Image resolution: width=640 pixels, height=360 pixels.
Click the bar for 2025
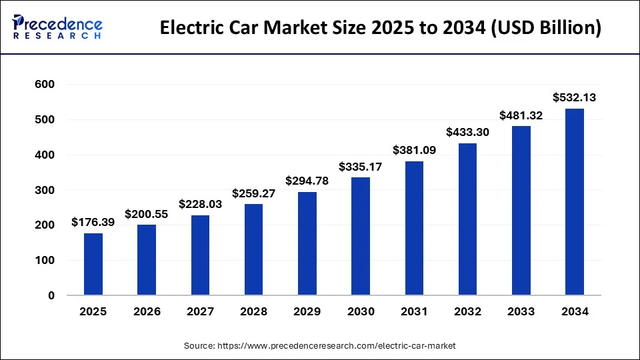coord(93,264)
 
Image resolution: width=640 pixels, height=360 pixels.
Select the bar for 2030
coord(361,236)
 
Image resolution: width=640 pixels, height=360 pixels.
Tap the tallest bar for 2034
coord(575,201)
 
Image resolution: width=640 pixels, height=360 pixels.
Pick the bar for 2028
coord(253,249)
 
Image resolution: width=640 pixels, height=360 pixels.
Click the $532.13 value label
coord(575,97)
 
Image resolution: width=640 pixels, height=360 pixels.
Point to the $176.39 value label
coord(93,222)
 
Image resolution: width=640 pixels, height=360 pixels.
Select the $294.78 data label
coord(307,181)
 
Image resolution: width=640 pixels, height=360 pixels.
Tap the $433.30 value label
coord(467,132)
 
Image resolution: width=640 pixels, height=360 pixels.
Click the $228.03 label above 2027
coord(200,204)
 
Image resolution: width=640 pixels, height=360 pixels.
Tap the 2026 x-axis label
coord(147,311)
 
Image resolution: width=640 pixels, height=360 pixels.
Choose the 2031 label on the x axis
coord(414,311)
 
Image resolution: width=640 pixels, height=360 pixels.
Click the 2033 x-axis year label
coord(521,311)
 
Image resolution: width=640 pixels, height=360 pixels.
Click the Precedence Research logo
coord(57,28)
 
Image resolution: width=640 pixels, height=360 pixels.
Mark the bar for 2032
coord(467,219)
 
